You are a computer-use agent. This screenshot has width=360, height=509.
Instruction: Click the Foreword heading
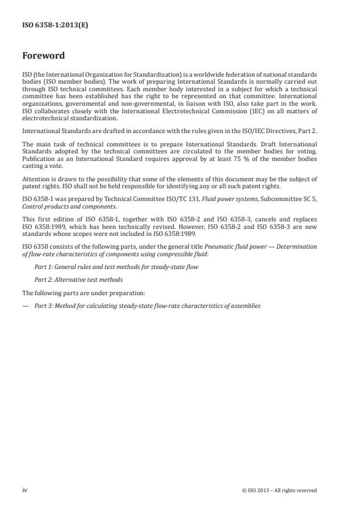click(x=43, y=56)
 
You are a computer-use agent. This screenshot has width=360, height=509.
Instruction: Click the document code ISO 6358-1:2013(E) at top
click(x=55, y=25)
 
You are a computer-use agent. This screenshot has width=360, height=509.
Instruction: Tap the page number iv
click(x=24, y=490)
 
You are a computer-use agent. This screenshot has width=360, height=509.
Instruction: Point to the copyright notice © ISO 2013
click(x=279, y=490)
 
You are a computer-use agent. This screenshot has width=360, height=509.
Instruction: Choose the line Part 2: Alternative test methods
click(x=78, y=279)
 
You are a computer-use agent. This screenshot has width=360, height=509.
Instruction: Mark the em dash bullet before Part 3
click(x=26, y=305)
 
